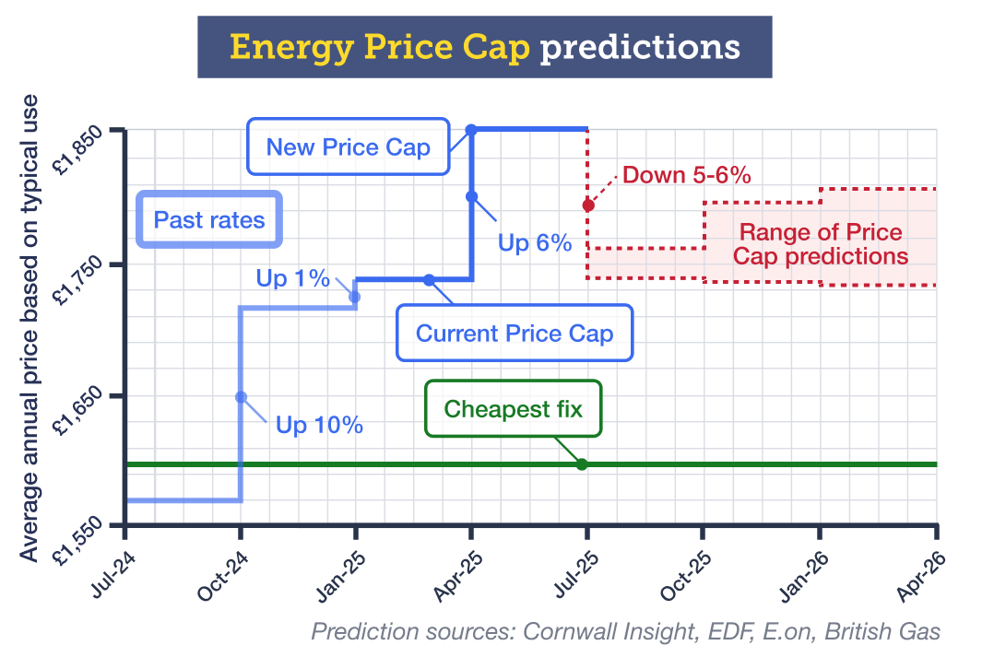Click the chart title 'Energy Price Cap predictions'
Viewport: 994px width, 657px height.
tap(484, 46)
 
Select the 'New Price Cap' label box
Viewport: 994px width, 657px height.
tap(348, 147)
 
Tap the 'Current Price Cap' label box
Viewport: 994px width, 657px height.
tap(515, 334)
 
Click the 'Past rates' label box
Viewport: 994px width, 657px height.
tap(208, 220)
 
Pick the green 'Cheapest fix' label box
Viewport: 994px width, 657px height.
tap(513, 408)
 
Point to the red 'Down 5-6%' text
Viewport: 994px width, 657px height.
tap(687, 175)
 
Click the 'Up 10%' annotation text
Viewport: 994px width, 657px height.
tap(319, 426)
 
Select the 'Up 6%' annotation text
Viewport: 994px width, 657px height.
tap(535, 244)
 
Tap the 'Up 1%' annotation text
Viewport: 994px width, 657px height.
tap(292, 278)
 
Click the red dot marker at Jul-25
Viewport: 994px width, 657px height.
tap(587, 205)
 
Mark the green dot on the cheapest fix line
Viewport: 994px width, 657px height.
tap(582, 463)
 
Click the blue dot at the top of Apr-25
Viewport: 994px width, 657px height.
tap(471, 130)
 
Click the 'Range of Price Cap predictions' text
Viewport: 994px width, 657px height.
tap(821, 244)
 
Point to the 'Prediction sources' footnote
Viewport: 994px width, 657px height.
tap(625, 631)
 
